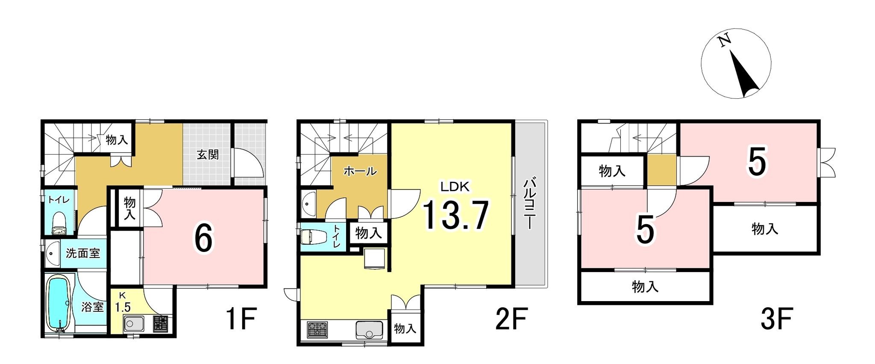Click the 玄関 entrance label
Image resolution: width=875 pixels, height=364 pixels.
[x=208, y=154]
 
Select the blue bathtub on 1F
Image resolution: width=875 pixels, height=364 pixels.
[x=57, y=303]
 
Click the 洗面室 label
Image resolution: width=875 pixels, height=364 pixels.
[x=83, y=253]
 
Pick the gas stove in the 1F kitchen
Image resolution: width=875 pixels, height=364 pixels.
[x=161, y=324]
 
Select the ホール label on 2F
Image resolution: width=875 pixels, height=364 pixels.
[x=360, y=172]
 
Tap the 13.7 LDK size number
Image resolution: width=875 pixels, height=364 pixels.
[x=455, y=216]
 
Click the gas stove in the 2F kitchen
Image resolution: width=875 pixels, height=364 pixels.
[x=317, y=329]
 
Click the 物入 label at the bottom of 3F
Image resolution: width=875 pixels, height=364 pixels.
[x=645, y=287]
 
